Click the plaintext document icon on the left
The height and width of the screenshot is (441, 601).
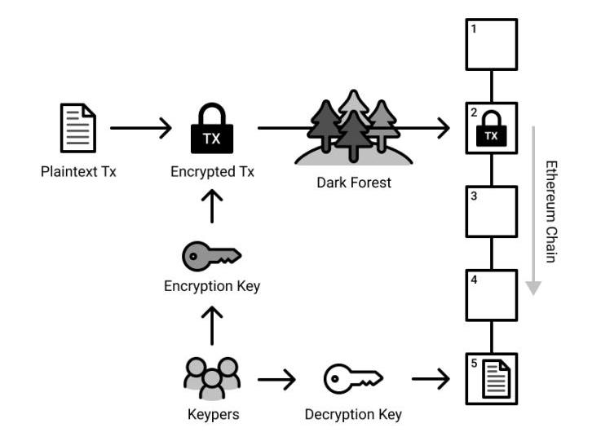pyautogui.click(x=78, y=128)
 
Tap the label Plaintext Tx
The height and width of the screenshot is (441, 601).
pyautogui.click(x=78, y=172)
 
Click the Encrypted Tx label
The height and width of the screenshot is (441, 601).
pyautogui.click(x=212, y=172)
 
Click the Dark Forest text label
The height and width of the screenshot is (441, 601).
pyautogui.click(x=354, y=183)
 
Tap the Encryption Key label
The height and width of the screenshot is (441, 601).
pyautogui.click(x=212, y=286)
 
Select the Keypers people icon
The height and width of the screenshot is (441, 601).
pyautogui.click(x=212, y=378)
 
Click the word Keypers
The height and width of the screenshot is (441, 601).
pyautogui.click(x=212, y=414)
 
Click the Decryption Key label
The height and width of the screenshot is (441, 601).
pyautogui.click(x=353, y=414)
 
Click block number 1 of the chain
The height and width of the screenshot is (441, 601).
pyautogui.click(x=492, y=44)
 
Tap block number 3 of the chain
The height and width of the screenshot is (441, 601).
pyautogui.click(x=492, y=212)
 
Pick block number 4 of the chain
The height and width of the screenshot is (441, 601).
pyautogui.click(x=492, y=295)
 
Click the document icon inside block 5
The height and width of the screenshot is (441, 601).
pyautogui.click(x=494, y=380)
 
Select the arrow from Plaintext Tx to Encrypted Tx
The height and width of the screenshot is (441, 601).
pyautogui.click(x=140, y=128)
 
